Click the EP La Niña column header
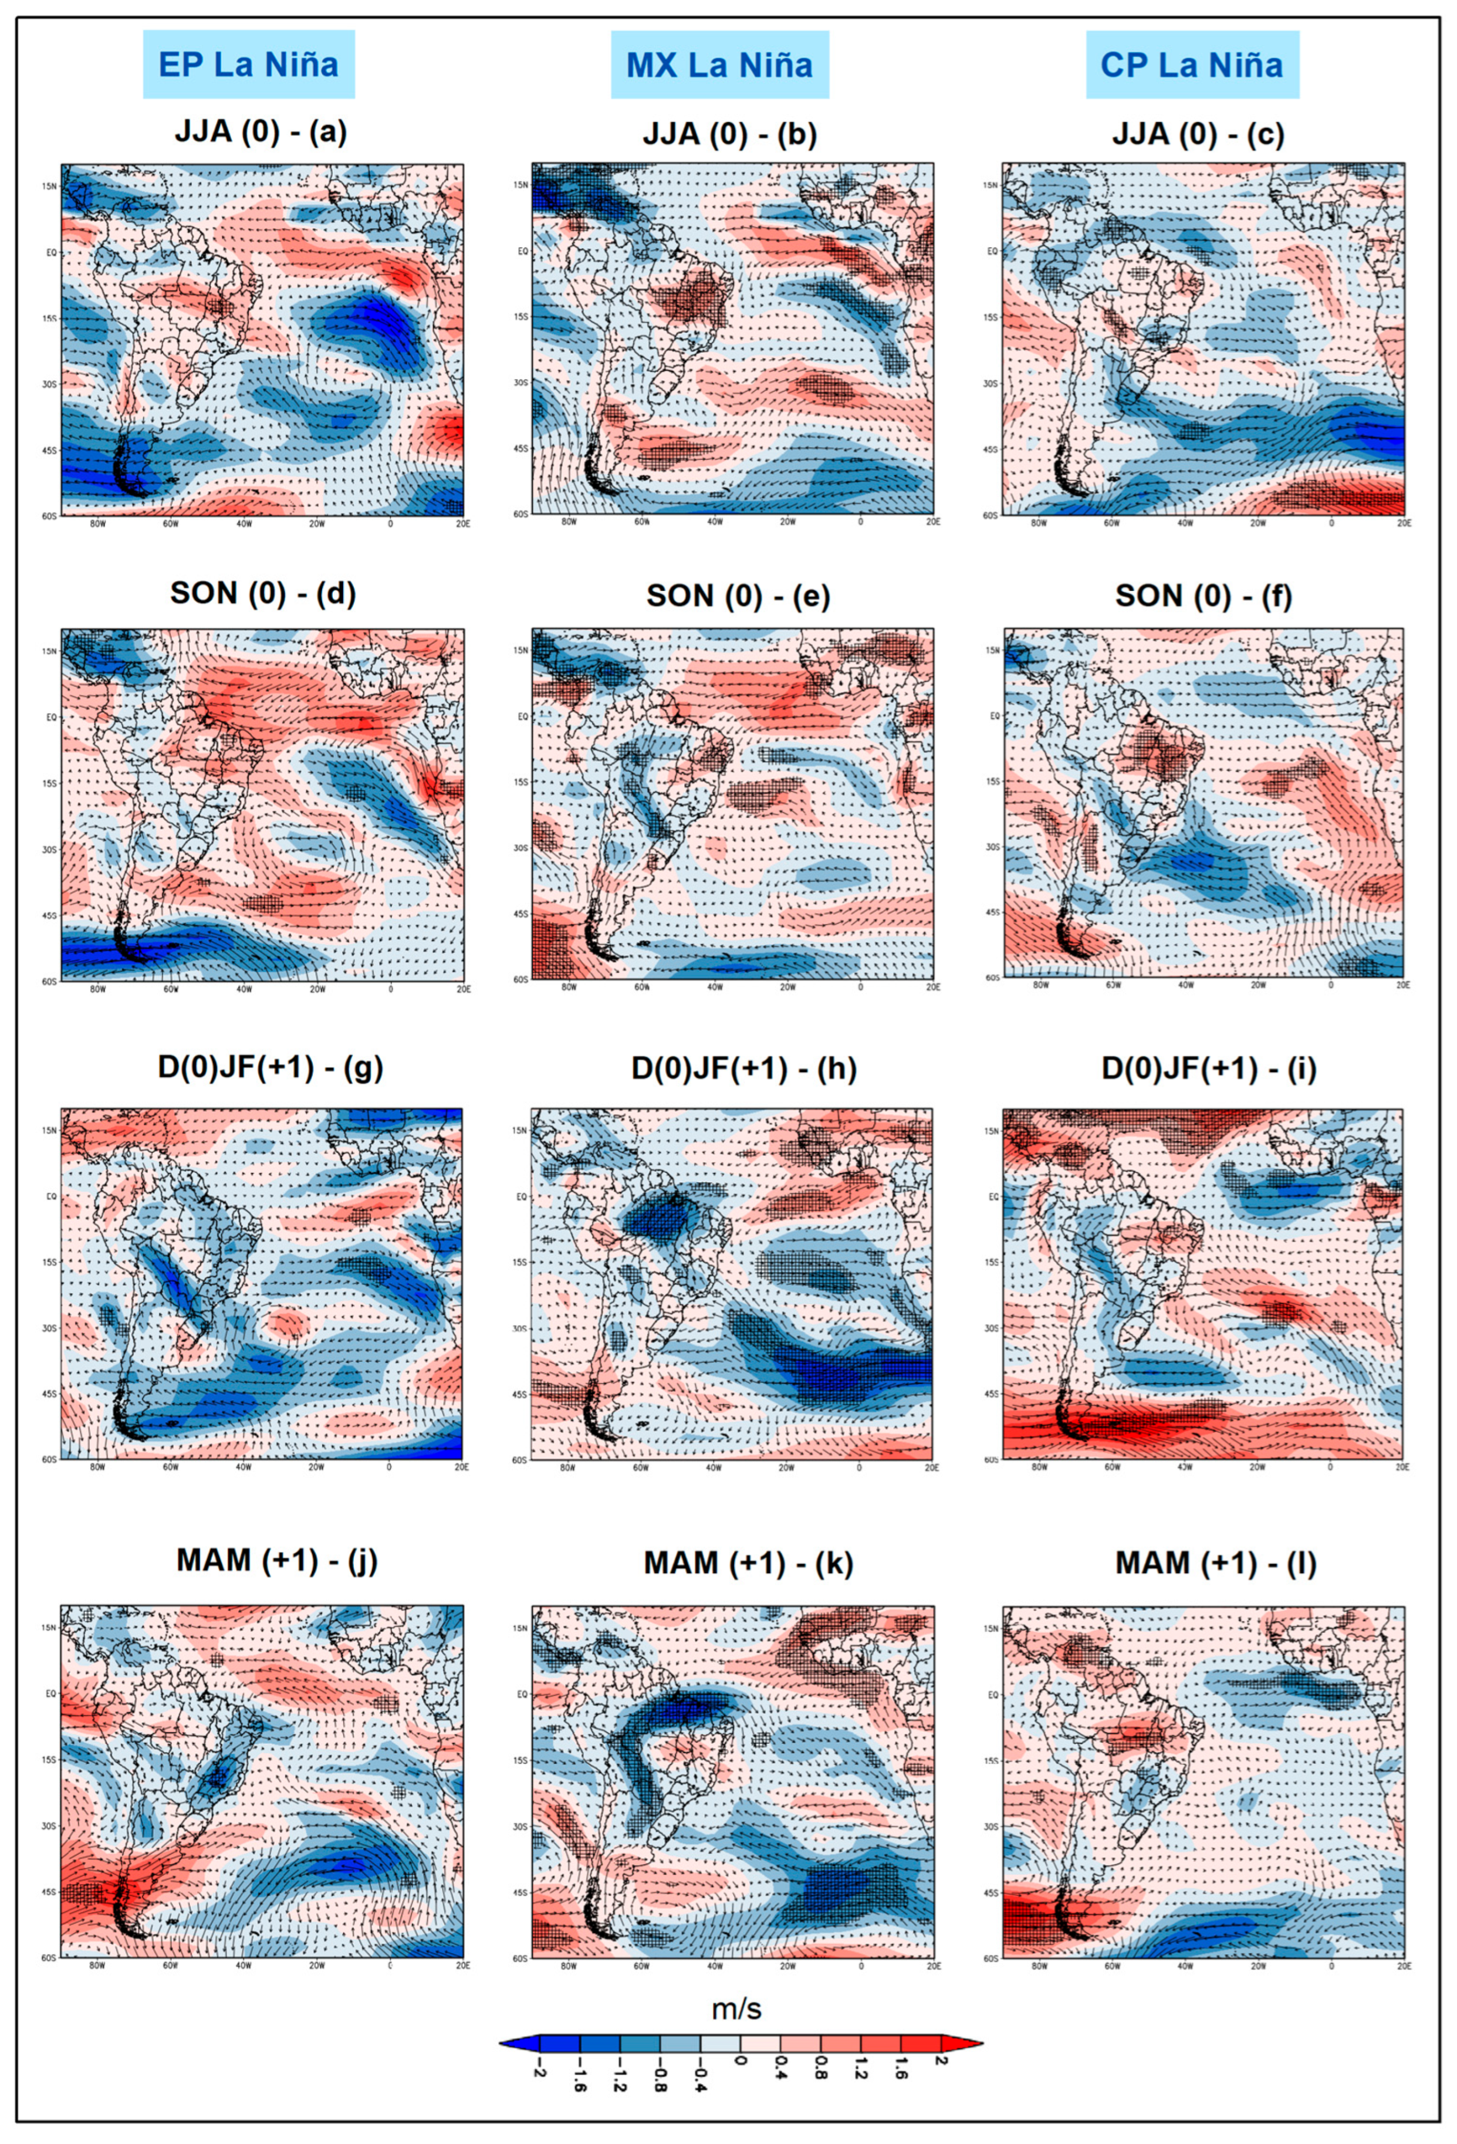pos(248,65)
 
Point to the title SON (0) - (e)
pos(738,596)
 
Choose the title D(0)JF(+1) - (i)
pos(1209,1068)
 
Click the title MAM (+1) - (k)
pos(748,1563)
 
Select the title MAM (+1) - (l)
pos(1215,1563)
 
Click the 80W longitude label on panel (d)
pos(97,989)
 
